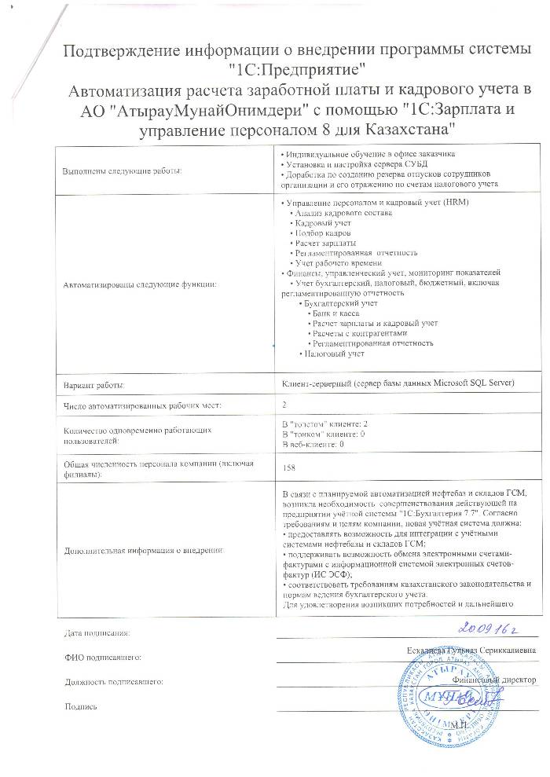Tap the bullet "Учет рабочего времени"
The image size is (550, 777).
click(334, 262)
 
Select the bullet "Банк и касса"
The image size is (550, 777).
click(337, 313)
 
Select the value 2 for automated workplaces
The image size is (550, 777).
click(284, 405)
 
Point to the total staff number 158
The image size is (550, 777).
click(288, 466)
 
